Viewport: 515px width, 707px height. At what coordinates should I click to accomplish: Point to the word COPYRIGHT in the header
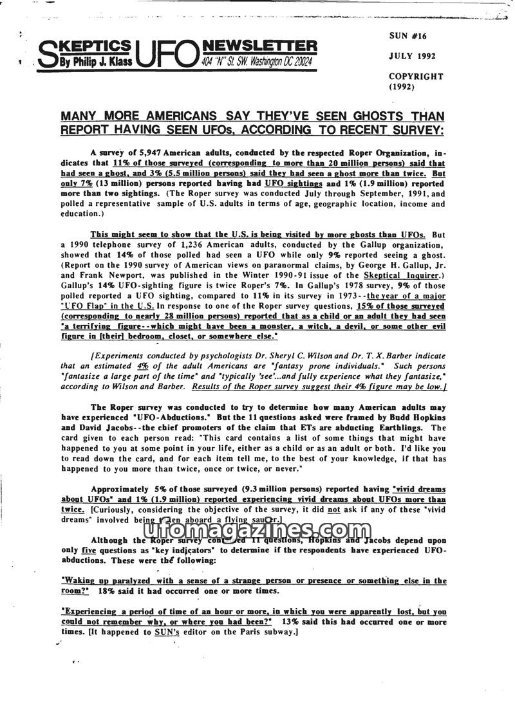[415, 76]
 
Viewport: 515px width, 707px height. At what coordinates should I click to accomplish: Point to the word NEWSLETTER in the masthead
[259, 46]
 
